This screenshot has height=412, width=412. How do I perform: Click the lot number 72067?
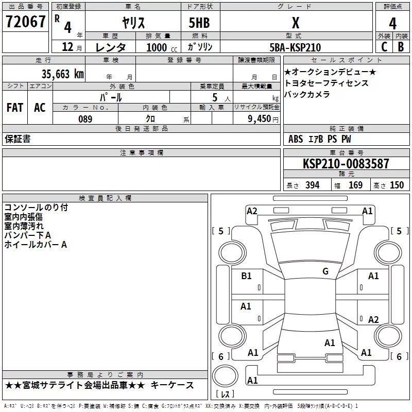click(25, 22)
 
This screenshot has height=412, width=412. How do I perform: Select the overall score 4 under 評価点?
click(392, 23)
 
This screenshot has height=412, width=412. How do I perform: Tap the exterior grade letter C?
click(384, 47)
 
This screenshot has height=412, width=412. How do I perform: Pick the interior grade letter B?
click(401, 47)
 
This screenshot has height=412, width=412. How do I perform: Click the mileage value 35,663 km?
click(62, 74)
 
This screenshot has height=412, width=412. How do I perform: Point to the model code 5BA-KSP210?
click(295, 47)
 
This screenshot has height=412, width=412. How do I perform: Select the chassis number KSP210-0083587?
click(346, 163)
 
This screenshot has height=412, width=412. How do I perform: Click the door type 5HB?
click(199, 23)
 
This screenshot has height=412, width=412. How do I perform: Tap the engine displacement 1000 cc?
click(162, 47)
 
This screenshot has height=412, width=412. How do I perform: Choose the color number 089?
click(85, 119)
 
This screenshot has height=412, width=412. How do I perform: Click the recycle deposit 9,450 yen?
click(263, 119)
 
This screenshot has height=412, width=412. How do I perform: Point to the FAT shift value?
click(15, 108)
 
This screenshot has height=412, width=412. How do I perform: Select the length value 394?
click(313, 185)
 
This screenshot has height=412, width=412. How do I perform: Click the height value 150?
click(397, 185)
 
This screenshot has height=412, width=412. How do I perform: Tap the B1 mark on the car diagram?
click(246, 276)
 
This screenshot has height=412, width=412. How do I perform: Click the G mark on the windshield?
click(325, 271)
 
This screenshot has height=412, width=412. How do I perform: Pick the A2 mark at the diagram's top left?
click(252, 211)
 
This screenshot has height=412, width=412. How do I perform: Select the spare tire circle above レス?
click(225, 375)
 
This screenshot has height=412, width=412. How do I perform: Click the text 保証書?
click(18, 139)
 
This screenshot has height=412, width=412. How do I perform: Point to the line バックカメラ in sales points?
click(307, 94)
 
